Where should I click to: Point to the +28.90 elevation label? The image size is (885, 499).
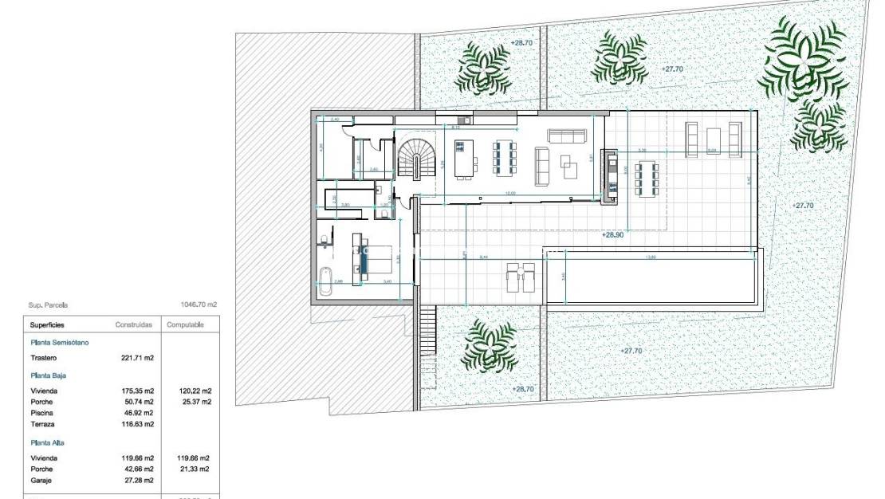(x=612, y=236)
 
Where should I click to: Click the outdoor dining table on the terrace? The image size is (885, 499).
(x=647, y=178)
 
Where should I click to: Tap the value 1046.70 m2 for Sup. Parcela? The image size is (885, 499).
(x=199, y=305)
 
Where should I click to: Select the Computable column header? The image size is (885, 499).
(x=185, y=325)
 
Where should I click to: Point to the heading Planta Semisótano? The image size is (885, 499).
(x=60, y=342)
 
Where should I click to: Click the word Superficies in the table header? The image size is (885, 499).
(x=47, y=325)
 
